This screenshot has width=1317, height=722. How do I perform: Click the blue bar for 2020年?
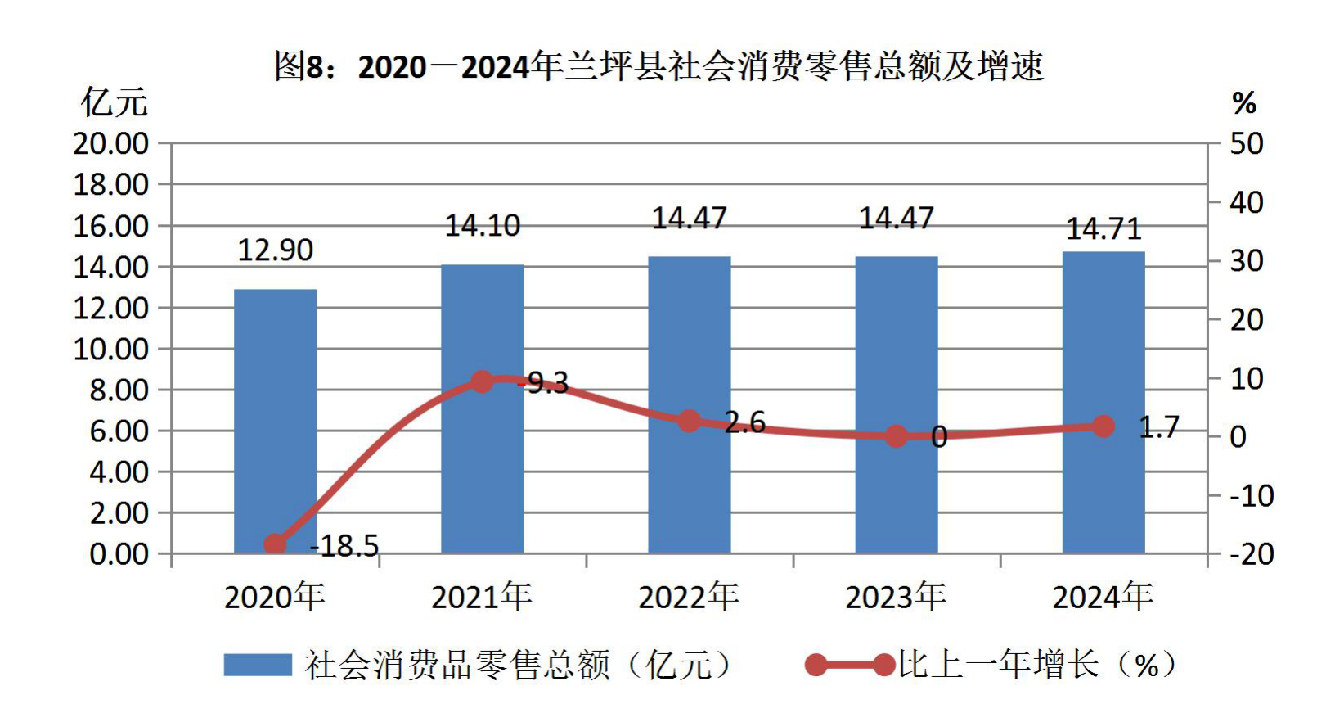click(x=275, y=421)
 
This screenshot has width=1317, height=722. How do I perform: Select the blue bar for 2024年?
click(x=1103, y=403)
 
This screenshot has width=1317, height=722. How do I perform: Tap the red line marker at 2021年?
click(x=482, y=382)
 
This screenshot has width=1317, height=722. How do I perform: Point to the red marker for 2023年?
click(x=896, y=436)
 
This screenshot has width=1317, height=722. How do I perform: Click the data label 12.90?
click(x=275, y=250)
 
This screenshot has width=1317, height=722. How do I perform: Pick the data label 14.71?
click(x=1103, y=229)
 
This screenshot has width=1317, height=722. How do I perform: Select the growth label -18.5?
click(x=344, y=546)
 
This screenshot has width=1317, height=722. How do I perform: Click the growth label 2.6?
click(x=745, y=422)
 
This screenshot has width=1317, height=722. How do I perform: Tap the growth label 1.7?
click(x=1159, y=427)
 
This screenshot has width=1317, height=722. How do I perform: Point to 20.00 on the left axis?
click(x=110, y=144)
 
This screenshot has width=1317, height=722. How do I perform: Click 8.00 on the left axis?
click(x=119, y=390)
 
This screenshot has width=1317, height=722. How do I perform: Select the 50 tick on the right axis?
click(x=1247, y=144)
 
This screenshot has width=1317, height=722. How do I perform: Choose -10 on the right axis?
click(x=1252, y=496)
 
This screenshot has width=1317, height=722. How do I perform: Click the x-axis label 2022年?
click(x=689, y=597)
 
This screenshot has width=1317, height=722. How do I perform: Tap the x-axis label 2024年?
click(x=1103, y=597)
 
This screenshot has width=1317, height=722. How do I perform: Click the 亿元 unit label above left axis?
click(x=114, y=102)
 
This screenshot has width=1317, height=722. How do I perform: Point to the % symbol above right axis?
click(x=1244, y=104)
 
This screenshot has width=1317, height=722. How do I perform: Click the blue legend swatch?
click(x=258, y=665)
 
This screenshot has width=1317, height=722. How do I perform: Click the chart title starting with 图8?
click(x=658, y=66)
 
